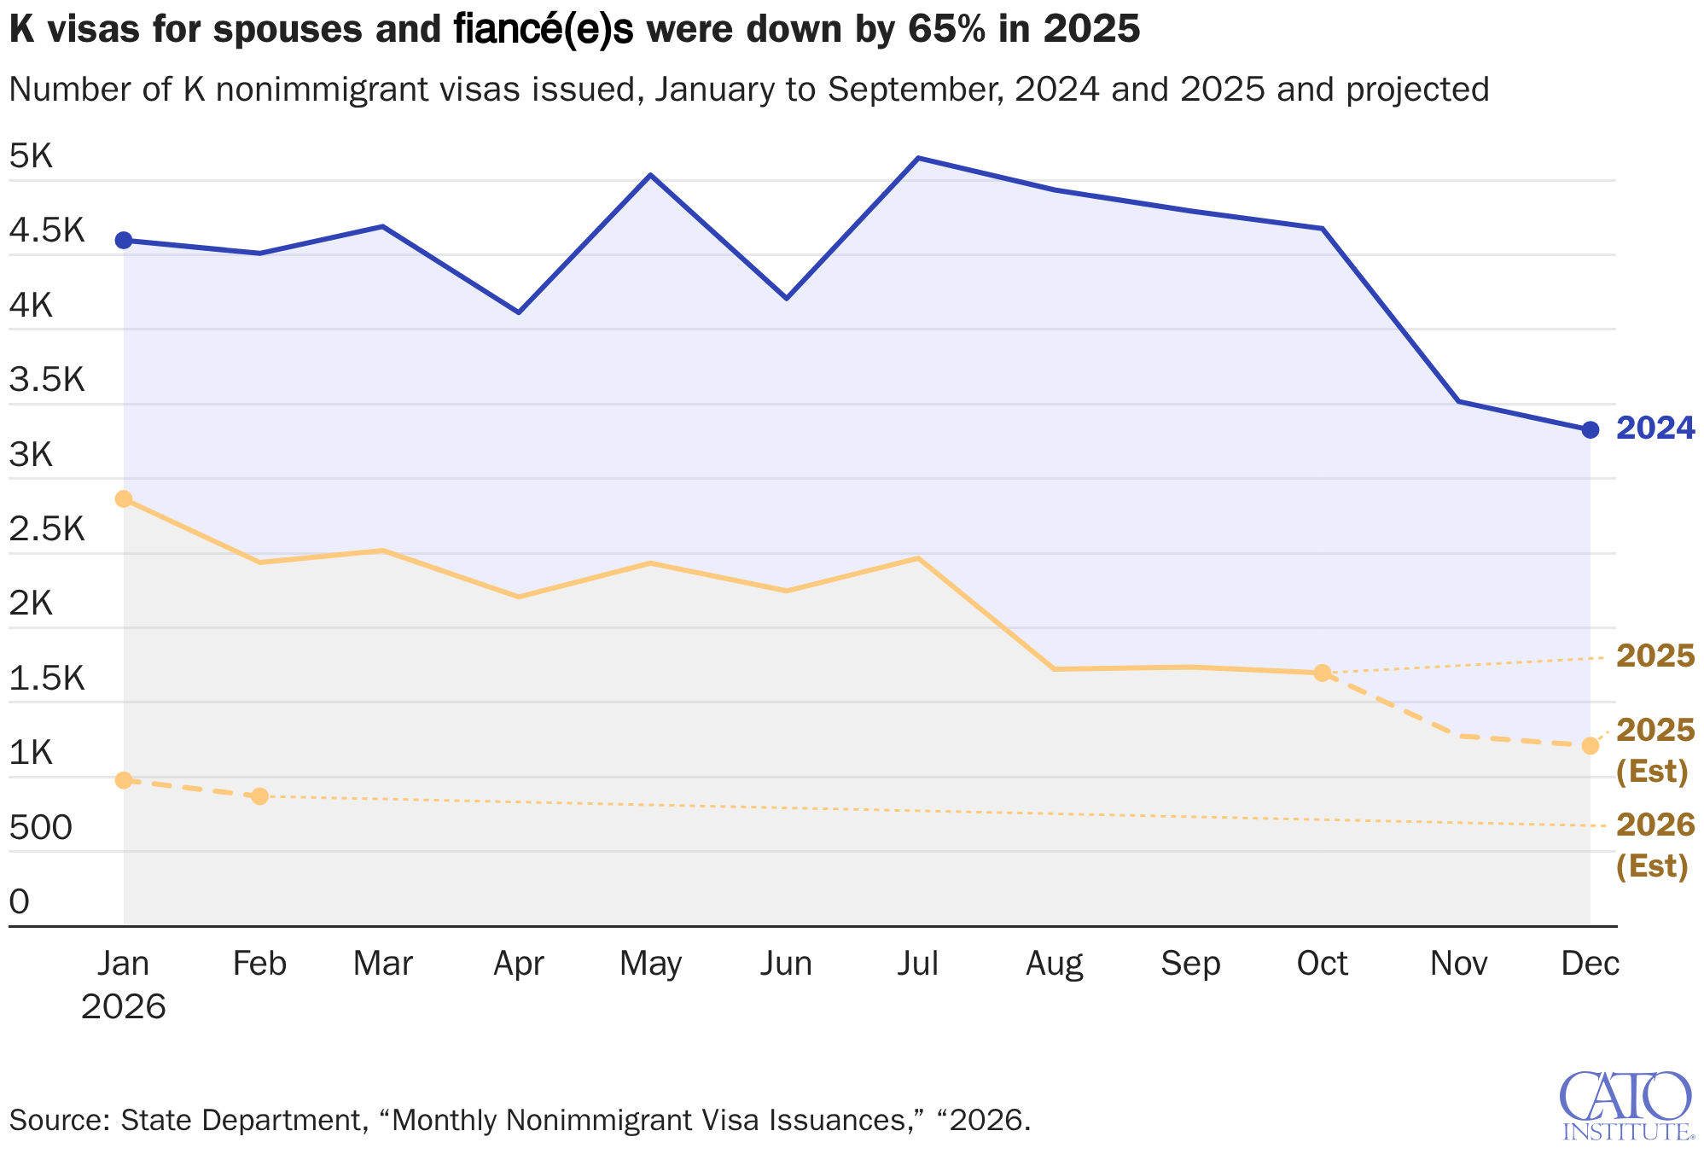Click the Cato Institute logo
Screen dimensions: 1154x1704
[1625, 1105]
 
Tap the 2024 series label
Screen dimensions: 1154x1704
[1655, 428]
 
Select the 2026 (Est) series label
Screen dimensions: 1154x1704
[1655, 845]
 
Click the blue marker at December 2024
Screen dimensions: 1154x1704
[1590, 430]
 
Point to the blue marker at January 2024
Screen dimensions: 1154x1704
[124, 241]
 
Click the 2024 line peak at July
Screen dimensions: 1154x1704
[917, 158]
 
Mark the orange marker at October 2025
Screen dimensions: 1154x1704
[1322, 673]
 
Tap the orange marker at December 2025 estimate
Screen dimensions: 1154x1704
[1590, 746]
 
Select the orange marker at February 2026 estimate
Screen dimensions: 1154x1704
[260, 796]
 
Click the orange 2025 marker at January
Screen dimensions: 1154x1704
[124, 499]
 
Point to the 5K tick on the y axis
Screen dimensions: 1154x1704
[32, 156]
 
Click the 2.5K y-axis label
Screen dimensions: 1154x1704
[47, 529]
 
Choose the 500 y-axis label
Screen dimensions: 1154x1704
[40, 827]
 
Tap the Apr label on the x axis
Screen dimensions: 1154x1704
[519, 964]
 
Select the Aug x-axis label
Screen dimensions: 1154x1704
[1054, 964]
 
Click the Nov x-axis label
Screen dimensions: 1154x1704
[1458, 964]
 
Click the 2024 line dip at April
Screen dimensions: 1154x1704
[519, 312]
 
